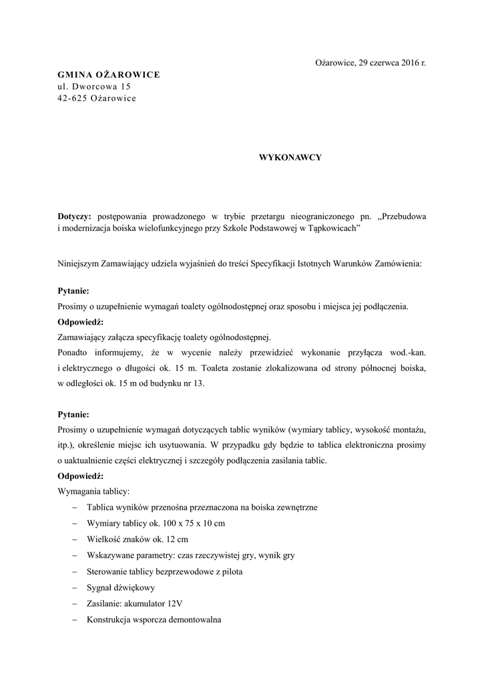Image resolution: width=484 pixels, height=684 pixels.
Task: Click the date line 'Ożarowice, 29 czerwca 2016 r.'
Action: coord(370,62)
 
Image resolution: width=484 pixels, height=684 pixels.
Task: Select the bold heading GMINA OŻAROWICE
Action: coord(109,74)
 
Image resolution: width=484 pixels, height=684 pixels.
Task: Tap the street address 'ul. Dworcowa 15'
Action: coord(94,86)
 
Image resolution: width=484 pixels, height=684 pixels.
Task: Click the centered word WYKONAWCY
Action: coord(290,157)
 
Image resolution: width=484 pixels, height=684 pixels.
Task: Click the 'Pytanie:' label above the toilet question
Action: coord(73,291)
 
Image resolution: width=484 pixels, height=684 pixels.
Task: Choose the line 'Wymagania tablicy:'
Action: coord(93,491)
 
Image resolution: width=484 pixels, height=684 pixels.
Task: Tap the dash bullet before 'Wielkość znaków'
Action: coord(73,538)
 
